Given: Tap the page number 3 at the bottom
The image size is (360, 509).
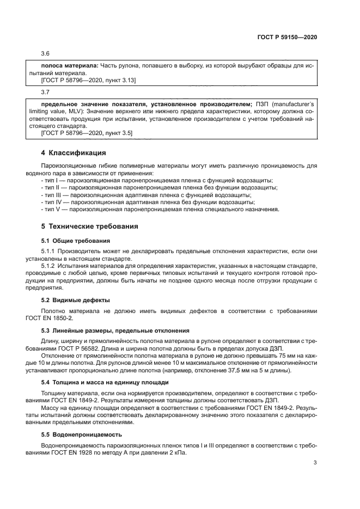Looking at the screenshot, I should [315, 463].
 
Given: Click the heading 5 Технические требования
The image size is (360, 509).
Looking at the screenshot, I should [90, 226].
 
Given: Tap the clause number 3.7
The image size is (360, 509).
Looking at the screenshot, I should [45, 93].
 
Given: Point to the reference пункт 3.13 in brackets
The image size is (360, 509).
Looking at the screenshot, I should [119, 80].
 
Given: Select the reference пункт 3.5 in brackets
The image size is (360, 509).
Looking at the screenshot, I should [117, 132].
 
